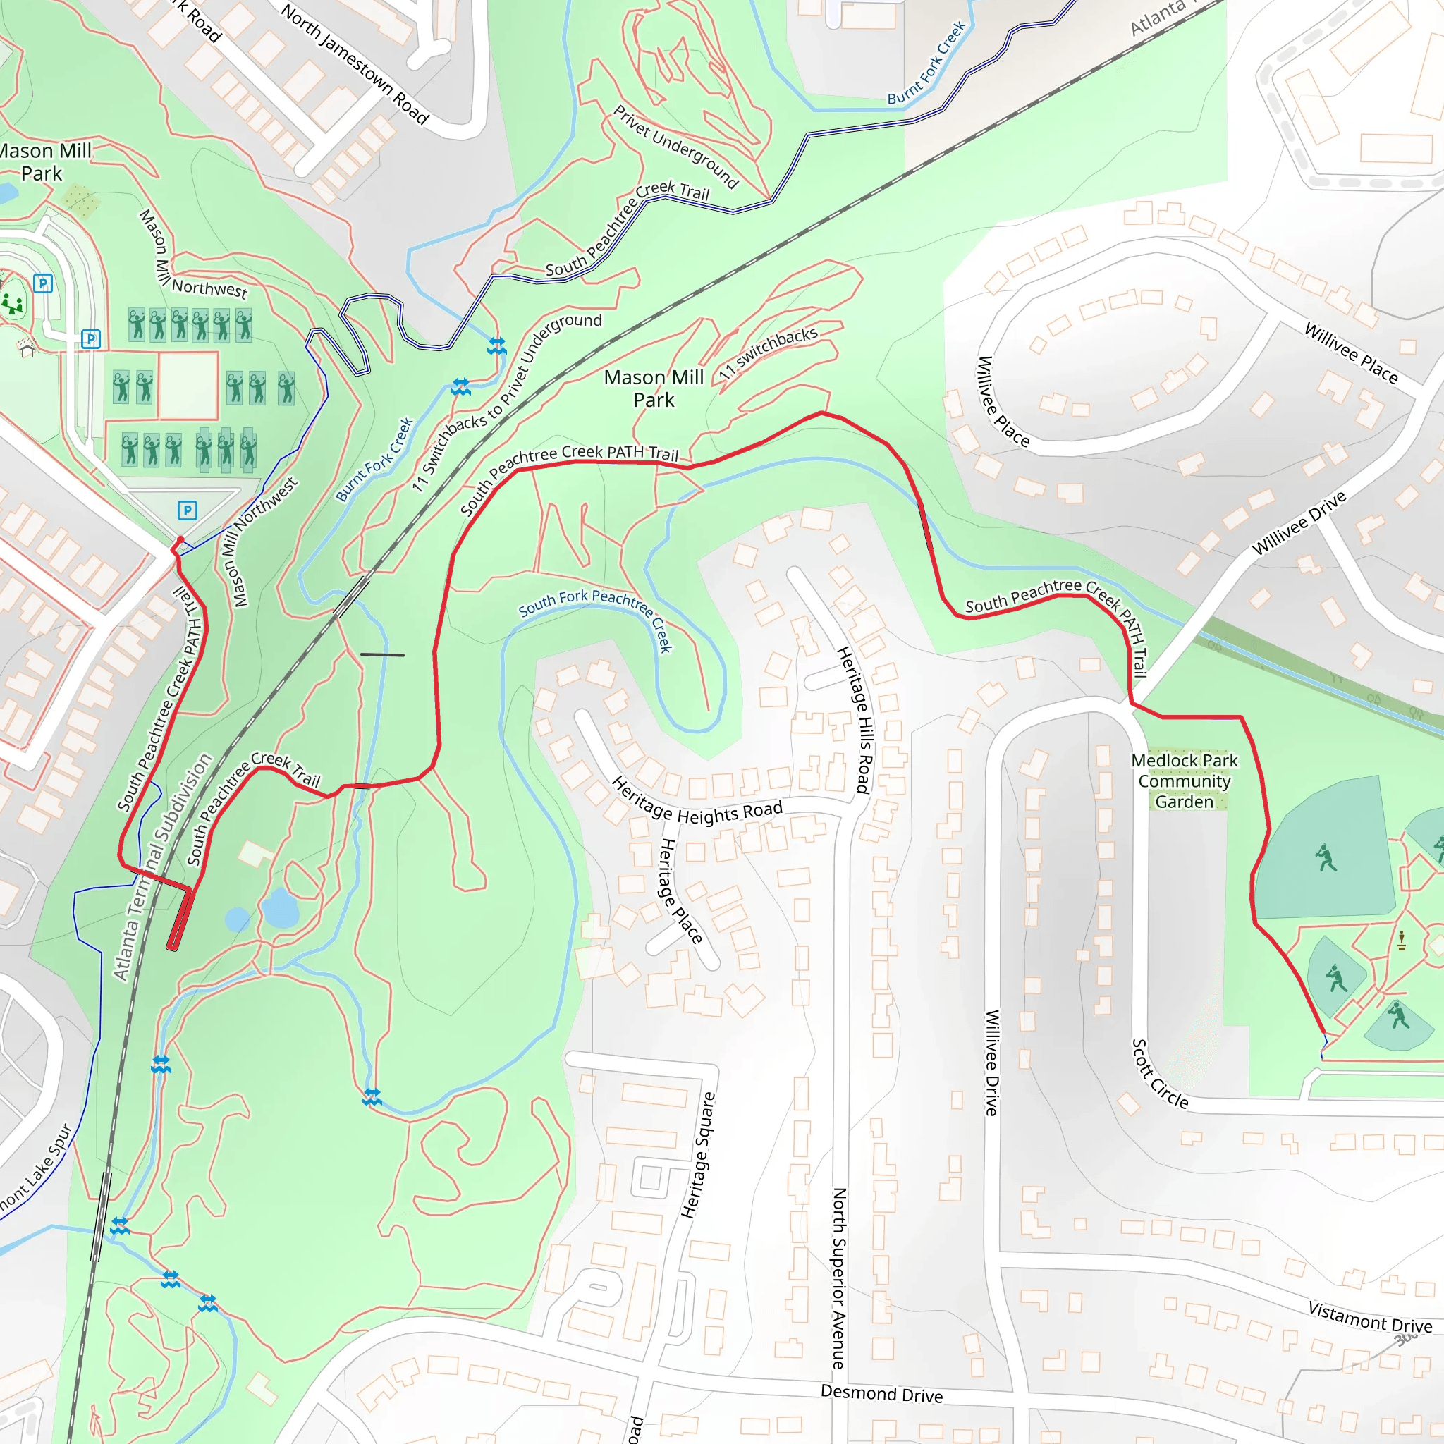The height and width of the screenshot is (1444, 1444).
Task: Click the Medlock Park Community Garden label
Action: pos(1184,781)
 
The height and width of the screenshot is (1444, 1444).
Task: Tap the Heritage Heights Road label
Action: pos(697,802)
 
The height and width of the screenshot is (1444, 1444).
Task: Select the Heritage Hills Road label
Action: pos(855,720)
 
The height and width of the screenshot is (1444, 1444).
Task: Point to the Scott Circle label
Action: pos(1159,1073)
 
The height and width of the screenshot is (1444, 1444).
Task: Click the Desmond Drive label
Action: pos(881,1393)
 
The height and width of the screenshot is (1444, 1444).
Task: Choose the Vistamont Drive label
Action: pos(1369,1316)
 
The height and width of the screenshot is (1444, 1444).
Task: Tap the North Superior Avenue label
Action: pos(839,1278)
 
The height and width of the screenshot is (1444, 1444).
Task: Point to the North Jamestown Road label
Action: pos(355,63)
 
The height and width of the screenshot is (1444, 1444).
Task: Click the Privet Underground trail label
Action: pos(675,147)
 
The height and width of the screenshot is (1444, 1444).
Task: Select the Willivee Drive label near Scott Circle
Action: pos(991,1062)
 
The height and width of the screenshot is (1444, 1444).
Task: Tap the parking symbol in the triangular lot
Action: pos(188,510)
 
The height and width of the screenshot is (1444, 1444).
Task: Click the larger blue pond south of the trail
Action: pos(281,907)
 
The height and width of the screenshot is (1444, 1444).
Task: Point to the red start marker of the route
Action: pos(179,540)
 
